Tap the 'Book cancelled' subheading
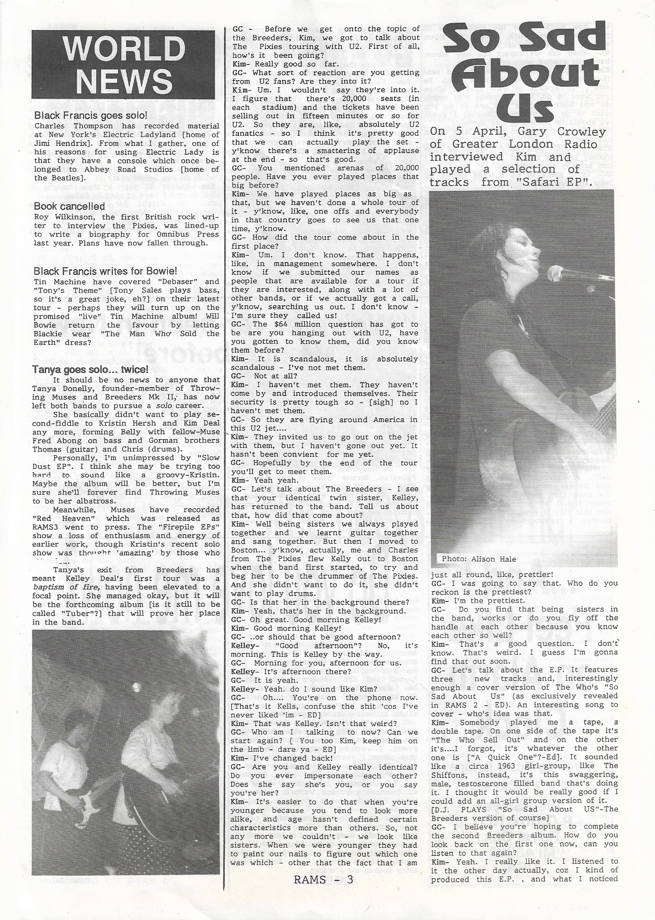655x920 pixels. [69, 206]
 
